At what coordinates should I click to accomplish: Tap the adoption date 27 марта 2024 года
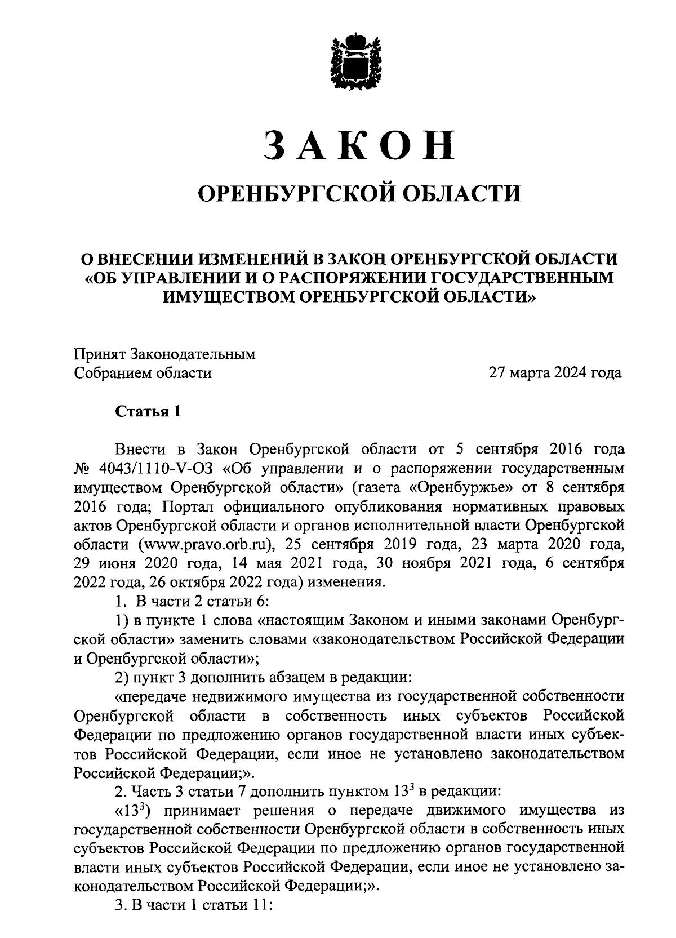coord(555,372)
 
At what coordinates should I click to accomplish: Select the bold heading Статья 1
coord(148,411)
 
